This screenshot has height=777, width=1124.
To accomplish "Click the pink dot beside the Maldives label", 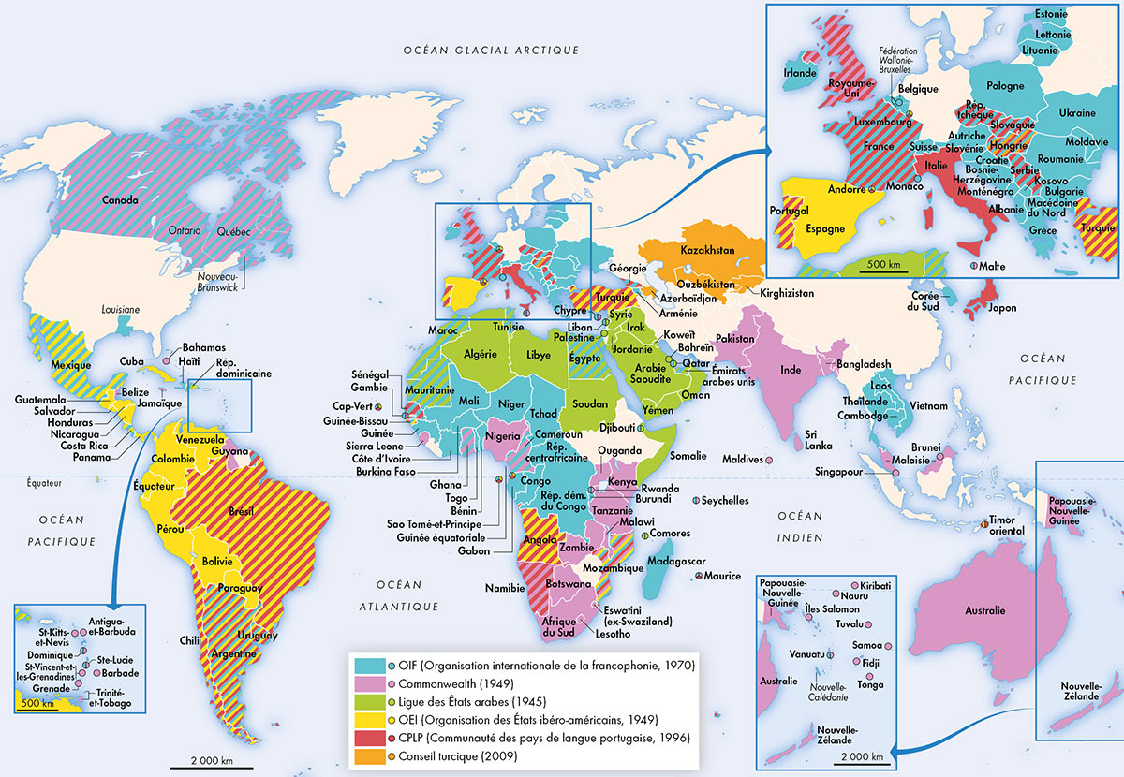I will click(768, 461).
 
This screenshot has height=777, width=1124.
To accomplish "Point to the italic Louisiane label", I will click(121, 309).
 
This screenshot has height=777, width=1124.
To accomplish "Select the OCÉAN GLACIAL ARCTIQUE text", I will click(491, 50).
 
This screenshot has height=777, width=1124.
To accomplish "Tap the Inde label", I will click(791, 370).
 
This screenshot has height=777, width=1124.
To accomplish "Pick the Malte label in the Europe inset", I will click(992, 267).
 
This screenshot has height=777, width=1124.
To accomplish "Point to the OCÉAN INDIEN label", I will click(798, 526).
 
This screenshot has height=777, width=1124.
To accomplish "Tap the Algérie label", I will click(479, 355).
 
